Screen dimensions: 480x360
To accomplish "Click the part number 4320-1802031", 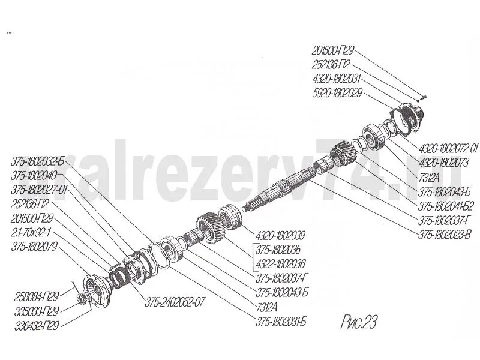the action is coord(337,78).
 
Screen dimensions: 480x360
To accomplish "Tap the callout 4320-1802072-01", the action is coord(448,148).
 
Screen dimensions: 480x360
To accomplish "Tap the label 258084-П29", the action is coord(37,296).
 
